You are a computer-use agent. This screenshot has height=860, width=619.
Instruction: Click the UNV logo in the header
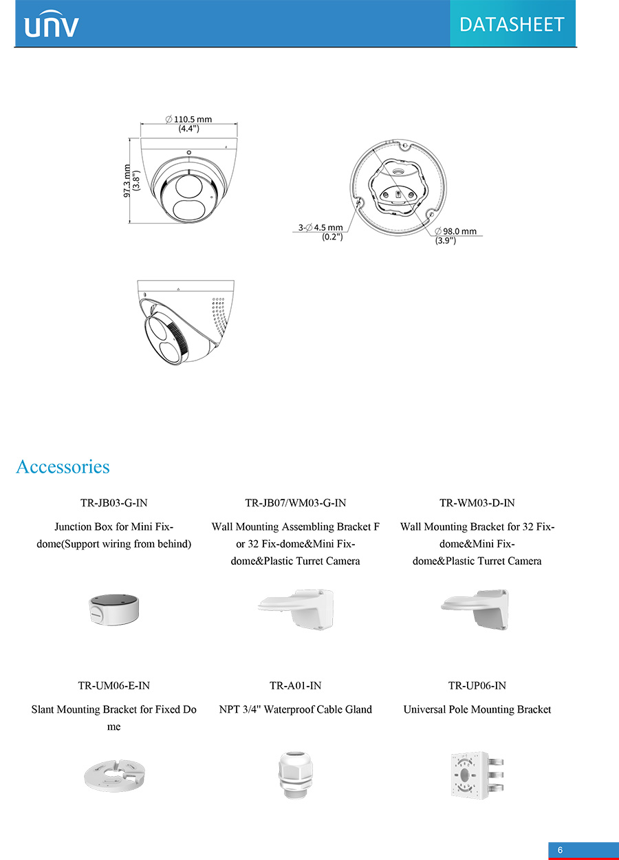pyautogui.click(x=52, y=25)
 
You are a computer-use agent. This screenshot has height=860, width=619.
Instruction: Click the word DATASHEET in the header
pyautogui.click(x=512, y=25)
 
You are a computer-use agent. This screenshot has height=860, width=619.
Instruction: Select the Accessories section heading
pyautogui.click(x=63, y=467)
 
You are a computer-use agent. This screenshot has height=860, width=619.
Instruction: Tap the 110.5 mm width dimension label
pyautogui.click(x=189, y=123)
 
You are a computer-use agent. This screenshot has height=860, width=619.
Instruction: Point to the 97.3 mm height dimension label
pyautogui.click(x=131, y=181)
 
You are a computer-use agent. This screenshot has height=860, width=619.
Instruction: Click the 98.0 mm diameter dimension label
pyautogui.click(x=455, y=236)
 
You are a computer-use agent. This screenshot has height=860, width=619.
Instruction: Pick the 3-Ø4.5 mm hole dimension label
pyautogui.click(x=321, y=232)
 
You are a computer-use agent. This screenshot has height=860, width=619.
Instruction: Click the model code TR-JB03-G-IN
pyautogui.click(x=114, y=503)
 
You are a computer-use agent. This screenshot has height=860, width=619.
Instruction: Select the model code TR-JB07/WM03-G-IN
pyautogui.click(x=296, y=503)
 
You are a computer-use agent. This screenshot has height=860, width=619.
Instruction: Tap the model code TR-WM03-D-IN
pyautogui.click(x=477, y=503)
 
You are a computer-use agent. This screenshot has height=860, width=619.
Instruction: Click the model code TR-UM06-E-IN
pyautogui.click(x=114, y=685)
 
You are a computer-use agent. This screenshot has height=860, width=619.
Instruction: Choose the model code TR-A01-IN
pyautogui.click(x=296, y=685)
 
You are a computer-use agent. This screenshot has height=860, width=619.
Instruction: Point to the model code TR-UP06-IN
pyautogui.click(x=477, y=685)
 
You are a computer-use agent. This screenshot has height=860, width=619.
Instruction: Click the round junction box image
pyautogui.click(x=113, y=610)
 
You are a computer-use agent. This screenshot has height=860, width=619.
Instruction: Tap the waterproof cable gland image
pyautogui.click(x=295, y=775)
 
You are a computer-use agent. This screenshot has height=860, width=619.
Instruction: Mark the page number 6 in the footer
pyautogui.click(x=560, y=850)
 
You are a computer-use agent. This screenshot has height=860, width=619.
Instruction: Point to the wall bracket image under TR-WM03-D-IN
pyautogui.click(x=475, y=609)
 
